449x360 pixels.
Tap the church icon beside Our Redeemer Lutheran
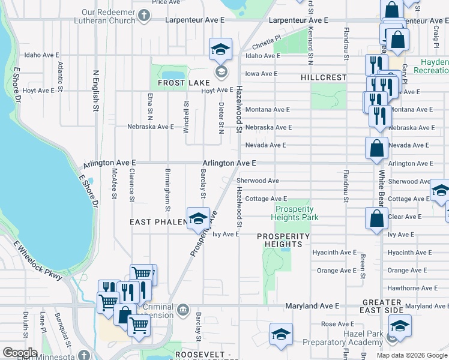[x=144, y=16]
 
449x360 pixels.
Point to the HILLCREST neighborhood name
[x=324, y=78]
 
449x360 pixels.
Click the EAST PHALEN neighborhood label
[x=155, y=222]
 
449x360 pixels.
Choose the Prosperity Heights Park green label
[x=295, y=214]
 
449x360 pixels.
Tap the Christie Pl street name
[x=267, y=46]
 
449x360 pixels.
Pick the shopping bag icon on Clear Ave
[x=376, y=220]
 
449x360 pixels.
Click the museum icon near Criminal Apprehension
[x=184, y=310]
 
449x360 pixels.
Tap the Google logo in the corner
[x=20, y=353]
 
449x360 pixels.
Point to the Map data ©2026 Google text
[x=412, y=355]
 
